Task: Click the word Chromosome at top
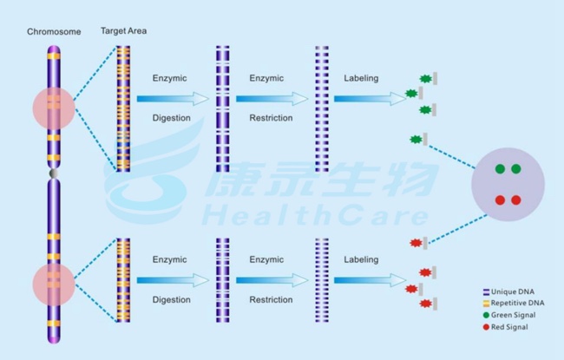pos(54,32)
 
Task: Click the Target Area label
pos(123,31)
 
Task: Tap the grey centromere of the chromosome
pos(55,174)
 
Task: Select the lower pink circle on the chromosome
pos(54,285)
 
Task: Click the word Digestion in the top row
pos(171,117)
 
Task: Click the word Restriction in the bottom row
pos(270,299)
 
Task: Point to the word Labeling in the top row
pos(361,78)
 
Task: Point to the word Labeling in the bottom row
pos(361,259)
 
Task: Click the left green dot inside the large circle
pos(500,169)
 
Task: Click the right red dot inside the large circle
pos(515,200)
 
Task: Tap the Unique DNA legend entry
pos(513,291)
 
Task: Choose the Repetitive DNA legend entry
pos(517,303)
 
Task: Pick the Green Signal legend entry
pos(513,315)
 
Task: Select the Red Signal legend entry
pos(510,327)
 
